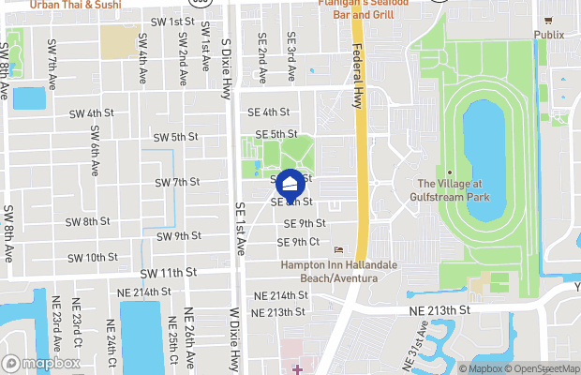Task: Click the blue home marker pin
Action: point(290,182)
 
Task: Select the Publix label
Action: point(549,36)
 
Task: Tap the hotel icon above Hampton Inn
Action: point(338,249)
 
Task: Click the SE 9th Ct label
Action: point(299,242)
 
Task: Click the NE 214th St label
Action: point(278,294)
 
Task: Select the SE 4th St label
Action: point(268,112)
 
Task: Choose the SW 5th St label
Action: point(173,137)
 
